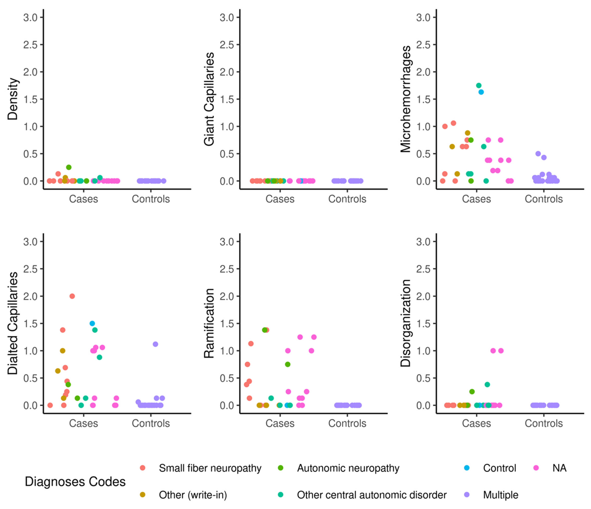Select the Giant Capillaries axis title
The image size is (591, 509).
coord(209,99)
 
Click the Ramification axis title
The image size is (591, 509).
coord(209,323)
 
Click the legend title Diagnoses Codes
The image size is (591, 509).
coord(75,482)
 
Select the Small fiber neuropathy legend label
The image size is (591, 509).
coord(210,468)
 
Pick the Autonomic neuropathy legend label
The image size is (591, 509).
coord(348,468)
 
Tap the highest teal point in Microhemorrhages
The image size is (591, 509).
coord(479,85)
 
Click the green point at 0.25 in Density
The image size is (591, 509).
coord(69,167)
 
